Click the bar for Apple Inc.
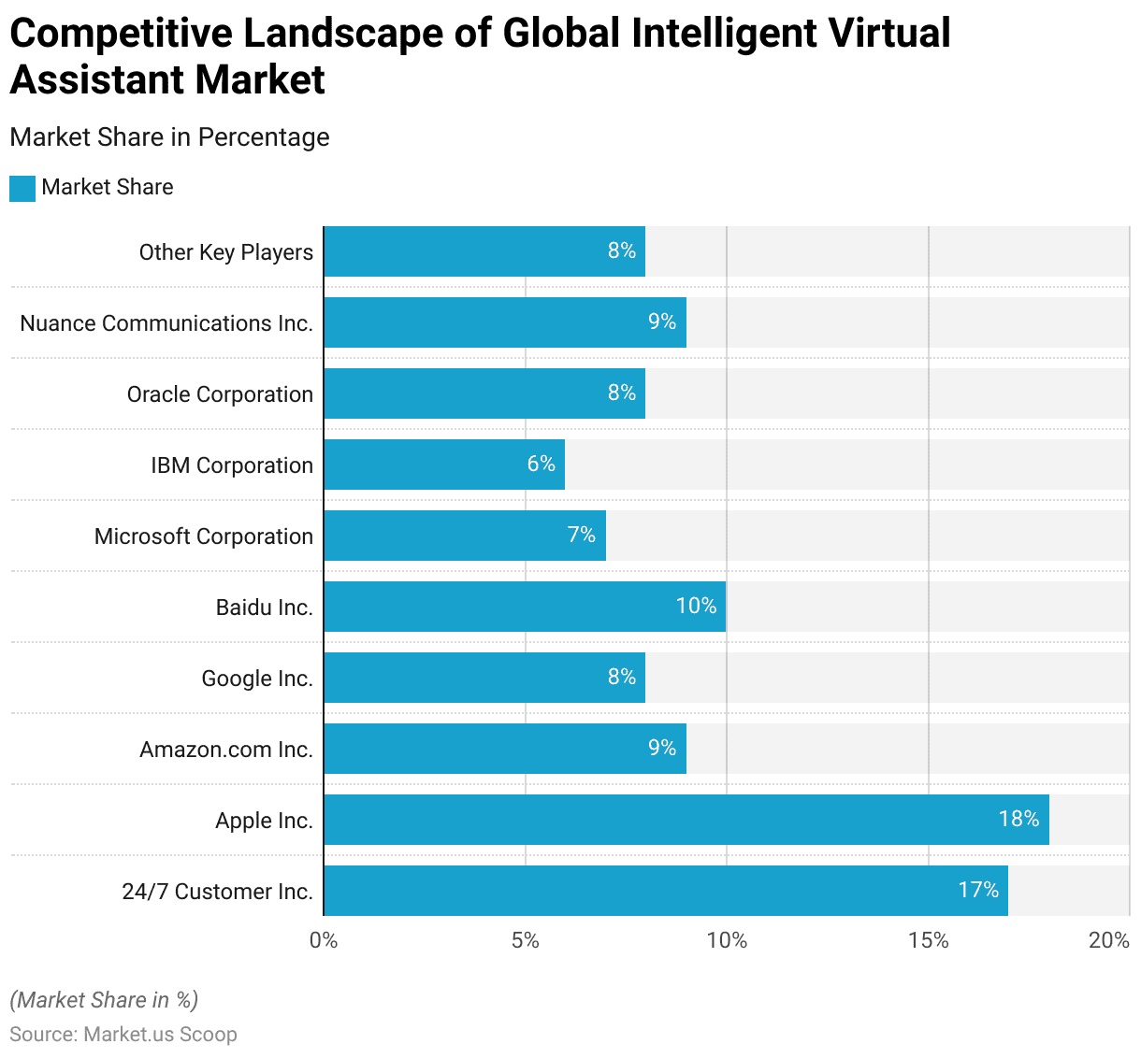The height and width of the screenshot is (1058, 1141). tap(686, 820)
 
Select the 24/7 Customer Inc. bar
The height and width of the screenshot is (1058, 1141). tap(665, 891)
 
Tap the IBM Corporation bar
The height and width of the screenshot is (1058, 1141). tap(444, 465)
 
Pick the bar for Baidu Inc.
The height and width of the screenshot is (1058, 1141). tap(525, 607)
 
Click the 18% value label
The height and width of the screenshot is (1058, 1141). tap(1018, 819)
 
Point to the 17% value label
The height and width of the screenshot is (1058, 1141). tap(978, 890)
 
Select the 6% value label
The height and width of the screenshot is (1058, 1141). tap(541, 464)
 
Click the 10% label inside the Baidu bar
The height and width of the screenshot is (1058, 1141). tap(696, 606)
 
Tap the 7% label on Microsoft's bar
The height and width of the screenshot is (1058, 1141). tap(581, 535)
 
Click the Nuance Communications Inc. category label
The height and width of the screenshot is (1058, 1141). tap(166, 323)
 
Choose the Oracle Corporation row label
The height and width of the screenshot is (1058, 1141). tap(220, 394)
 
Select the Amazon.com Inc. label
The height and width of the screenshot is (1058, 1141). tap(226, 750)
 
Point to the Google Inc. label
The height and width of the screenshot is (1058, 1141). tap(257, 679)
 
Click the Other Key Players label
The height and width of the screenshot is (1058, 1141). tap(226, 252)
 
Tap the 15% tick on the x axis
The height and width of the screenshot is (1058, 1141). tap(928, 940)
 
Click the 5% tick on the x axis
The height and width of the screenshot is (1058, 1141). tap(525, 940)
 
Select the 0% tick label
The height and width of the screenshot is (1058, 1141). tap(324, 940)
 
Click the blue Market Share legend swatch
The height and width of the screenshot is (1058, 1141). tap(22, 188)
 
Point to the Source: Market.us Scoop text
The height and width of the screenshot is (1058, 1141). tap(123, 1035)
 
